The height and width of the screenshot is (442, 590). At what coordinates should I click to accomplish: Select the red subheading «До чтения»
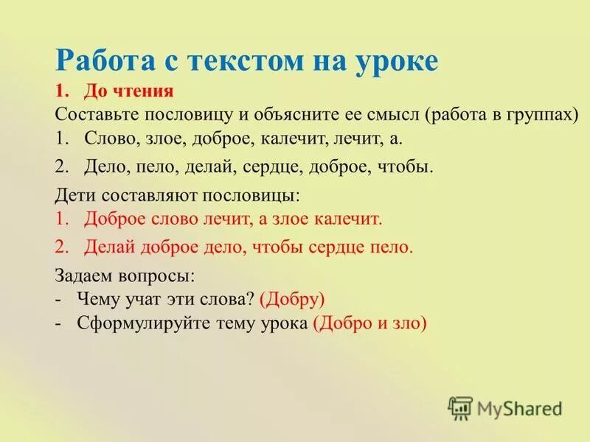tap(128, 91)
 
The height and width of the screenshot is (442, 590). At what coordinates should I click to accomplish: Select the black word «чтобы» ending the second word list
tap(406, 166)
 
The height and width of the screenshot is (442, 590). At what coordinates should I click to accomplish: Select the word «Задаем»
tap(83, 276)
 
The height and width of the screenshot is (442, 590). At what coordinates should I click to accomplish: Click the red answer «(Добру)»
tap(293, 299)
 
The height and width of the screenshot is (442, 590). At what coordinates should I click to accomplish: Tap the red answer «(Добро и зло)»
tap(369, 323)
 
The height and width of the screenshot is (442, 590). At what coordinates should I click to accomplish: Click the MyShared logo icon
tap(460, 407)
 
